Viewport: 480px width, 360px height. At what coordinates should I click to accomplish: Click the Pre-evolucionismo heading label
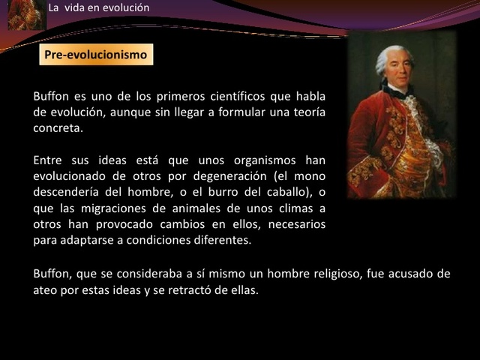[96, 55]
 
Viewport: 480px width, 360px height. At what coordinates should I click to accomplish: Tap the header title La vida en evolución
[98, 8]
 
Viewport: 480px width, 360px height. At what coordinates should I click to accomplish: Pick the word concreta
[57, 127]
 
